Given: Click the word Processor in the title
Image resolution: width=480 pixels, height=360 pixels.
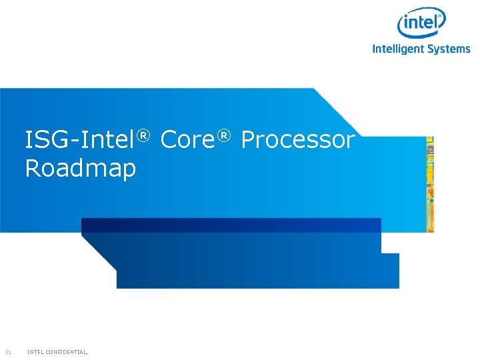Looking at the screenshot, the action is click(x=297, y=141).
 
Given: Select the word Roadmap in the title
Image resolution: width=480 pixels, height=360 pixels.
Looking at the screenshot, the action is click(x=80, y=169).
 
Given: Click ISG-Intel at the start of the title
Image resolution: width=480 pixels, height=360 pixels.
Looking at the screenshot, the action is click(x=80, y=141).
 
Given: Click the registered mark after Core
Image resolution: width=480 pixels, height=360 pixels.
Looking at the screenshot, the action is click(x=224, y=135).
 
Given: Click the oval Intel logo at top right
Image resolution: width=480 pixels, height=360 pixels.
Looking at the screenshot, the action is click(x=421, y=25).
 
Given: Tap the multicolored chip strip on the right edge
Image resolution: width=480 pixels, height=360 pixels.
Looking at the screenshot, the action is click(x=430, y=184).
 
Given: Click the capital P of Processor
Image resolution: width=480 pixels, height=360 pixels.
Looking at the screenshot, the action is click(x=249, y=141).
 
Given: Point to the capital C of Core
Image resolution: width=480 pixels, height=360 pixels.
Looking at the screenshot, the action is click(x=169, y=141).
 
